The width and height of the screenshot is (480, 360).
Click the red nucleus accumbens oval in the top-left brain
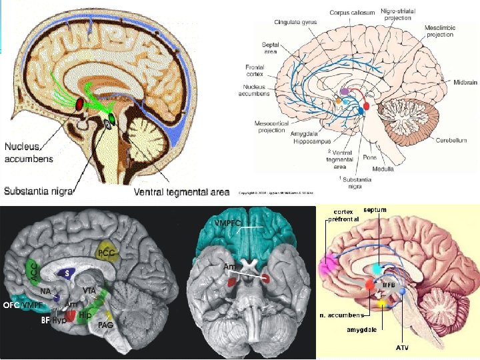(79, 105)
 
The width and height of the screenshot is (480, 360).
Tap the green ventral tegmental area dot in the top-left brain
(111, 119)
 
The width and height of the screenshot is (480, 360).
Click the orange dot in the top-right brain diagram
(338, 102)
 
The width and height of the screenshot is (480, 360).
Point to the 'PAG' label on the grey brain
(105, 325)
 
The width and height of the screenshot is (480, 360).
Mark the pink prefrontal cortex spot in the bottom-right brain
(328, 265)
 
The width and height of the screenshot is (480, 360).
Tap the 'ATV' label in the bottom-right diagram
(403, 347)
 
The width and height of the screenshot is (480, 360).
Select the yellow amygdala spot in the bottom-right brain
(382, 303)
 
